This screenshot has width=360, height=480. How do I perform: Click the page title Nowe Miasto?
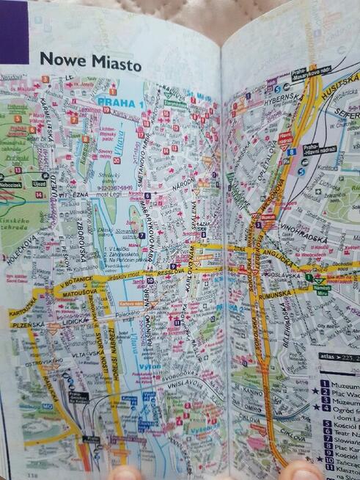(x=90, y=62)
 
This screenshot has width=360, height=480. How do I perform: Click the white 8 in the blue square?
(x=292, y=152)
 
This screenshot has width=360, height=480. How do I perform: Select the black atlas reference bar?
(x=338, y=357)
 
